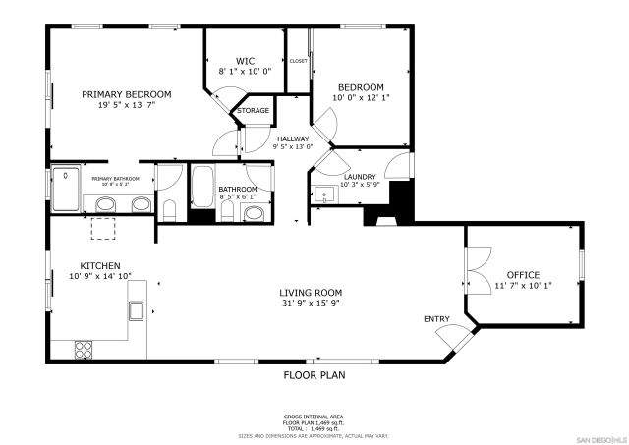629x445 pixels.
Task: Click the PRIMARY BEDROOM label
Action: [x=126, y=94]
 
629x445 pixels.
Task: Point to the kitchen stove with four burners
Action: [x=84, y=348]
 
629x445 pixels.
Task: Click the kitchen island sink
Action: [x=137, y=311]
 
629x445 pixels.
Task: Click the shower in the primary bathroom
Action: [x=66, y=189]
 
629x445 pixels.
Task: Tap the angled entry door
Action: [x=453, y=340]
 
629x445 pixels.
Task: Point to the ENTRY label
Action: [x=436, y=319]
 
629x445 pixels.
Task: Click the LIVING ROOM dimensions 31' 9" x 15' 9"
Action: [x=310, y=304]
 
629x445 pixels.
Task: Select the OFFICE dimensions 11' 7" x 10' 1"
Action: [x=523, y=286]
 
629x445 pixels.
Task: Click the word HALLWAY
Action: [x=292, y=139]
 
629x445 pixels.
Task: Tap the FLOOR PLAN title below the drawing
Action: [x=314, y=374]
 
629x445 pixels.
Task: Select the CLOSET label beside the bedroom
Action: [x=298, y=61]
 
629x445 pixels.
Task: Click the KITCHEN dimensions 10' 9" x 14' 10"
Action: [x=100, y=277]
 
